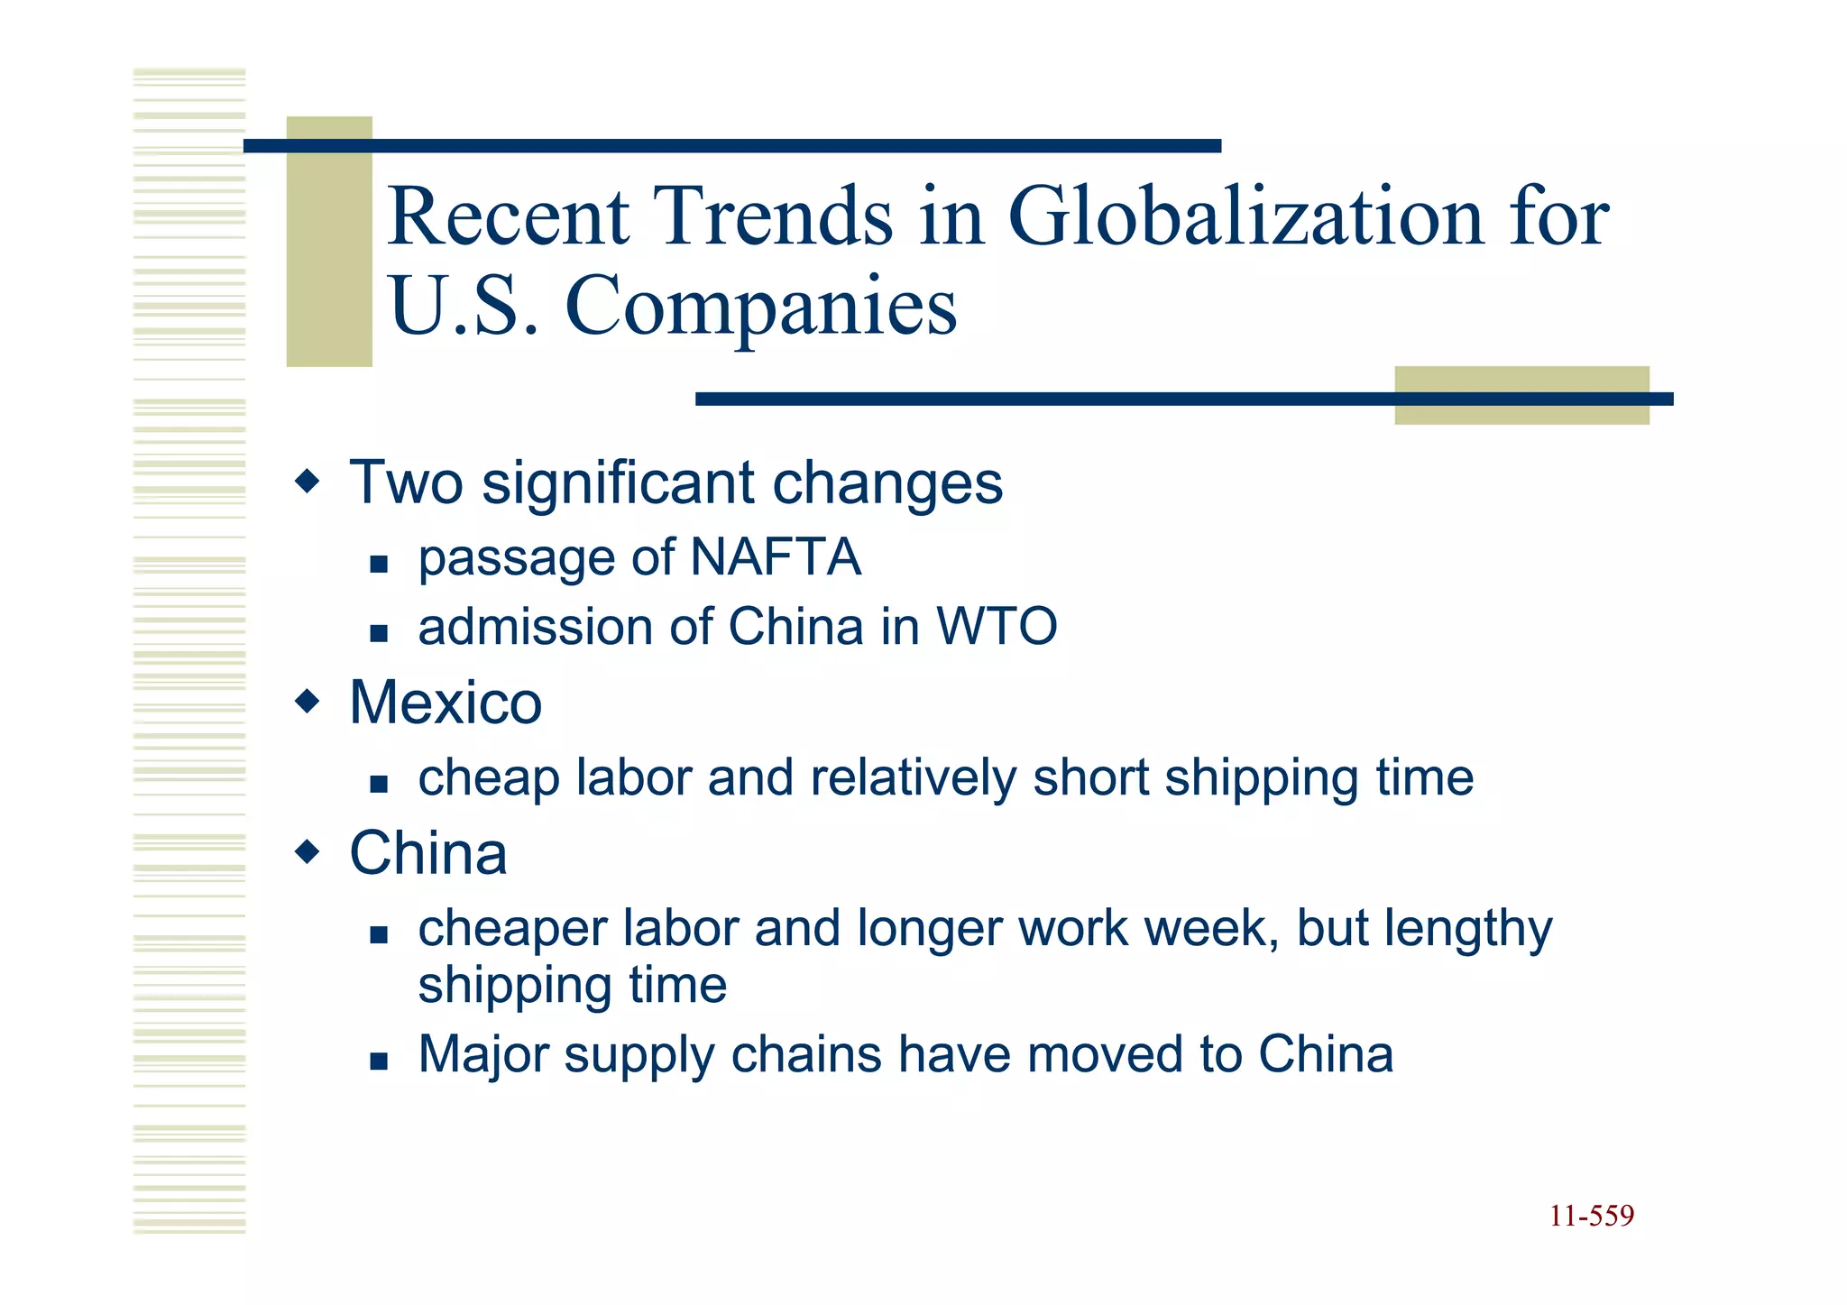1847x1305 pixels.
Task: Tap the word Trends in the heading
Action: (x=774, y=216)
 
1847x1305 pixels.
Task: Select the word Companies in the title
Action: (x=760, y=307)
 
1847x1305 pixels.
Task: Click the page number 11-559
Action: (x=1592, y=1217)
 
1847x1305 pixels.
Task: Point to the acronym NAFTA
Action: (x=776, y=557)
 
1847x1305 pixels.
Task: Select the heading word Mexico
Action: (x=446, y=703)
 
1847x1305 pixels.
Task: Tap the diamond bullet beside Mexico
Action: (x=308, y=701)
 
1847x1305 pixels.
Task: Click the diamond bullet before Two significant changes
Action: (x=308, y=481)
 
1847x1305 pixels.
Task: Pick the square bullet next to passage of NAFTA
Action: (x=379, y=565)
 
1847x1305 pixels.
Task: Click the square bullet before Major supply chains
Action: (x=379, y=1061)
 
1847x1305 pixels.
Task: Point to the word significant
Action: (x=619, y=483)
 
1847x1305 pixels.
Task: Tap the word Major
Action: (x=483, y=1055)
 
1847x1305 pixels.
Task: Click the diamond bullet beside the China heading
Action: (x=308, y=851)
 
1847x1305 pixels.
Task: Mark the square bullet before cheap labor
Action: (x=379, y=785)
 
